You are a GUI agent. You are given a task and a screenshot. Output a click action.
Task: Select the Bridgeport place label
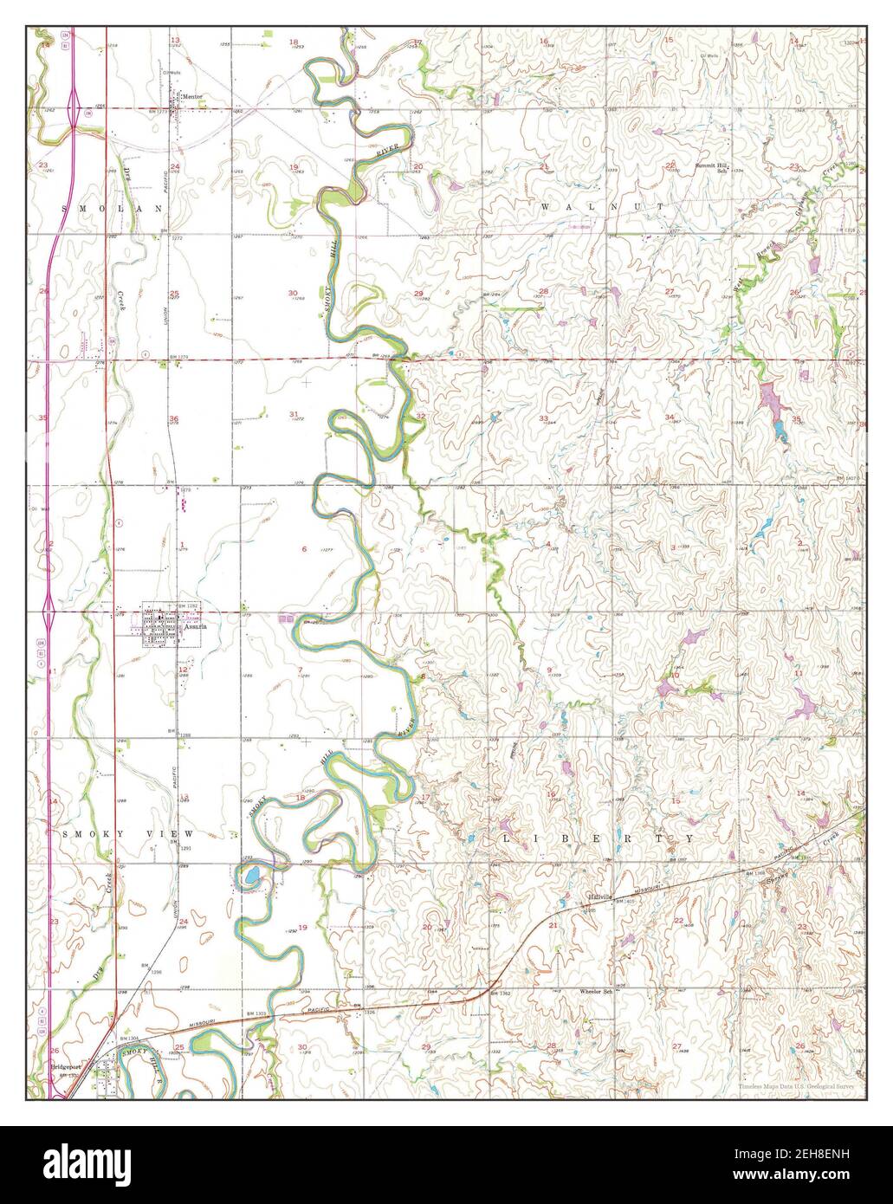[x=65, y=1067]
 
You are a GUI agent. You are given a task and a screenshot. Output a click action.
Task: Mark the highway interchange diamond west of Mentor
[x=79, y=109]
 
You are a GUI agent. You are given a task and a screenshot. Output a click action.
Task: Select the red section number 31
[x=294, y=413]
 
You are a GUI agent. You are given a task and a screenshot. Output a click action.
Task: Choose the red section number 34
[x=670, y=418]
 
